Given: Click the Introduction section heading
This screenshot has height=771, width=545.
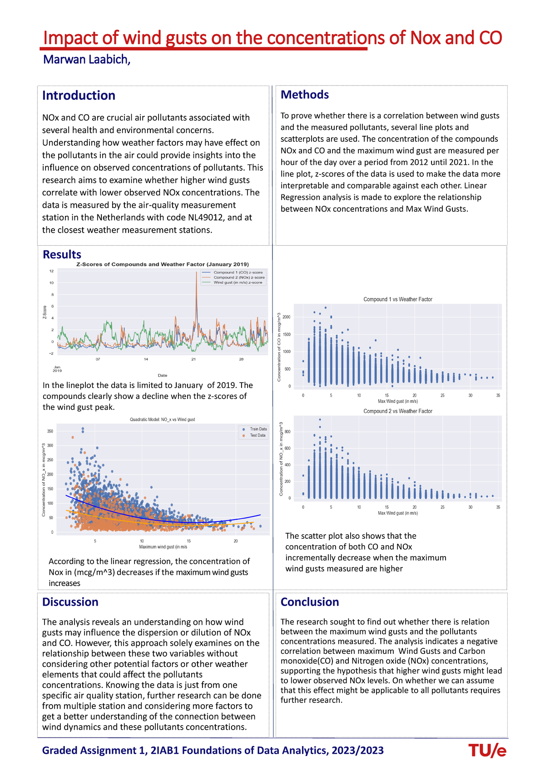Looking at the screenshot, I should [x=79, y=95].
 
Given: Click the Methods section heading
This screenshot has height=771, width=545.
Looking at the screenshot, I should [x=305, y=95].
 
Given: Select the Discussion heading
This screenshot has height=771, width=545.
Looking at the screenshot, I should [x=70, y=602].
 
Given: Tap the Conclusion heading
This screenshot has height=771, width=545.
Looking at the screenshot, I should [x=310, y=602].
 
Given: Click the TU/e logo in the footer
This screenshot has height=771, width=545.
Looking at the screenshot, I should [x=487, y=751].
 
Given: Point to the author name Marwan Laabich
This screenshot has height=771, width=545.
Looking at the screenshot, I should [x=86, y=60].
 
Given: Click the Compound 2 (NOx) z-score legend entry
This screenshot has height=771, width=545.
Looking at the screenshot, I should [x=239, y=277].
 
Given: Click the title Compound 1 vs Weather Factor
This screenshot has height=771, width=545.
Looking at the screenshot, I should [x=398, y=299].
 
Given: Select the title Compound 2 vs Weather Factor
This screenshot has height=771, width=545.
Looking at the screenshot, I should [x=398, y=411].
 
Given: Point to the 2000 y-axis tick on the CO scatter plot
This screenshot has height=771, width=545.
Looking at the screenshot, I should [x=286, y=317].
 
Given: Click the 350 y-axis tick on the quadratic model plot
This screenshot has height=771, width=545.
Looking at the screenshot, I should [x=50, y=431].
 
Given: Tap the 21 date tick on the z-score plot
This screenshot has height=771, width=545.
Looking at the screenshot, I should [x=193, y=359].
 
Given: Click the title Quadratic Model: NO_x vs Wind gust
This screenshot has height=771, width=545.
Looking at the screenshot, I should [x=162, y=419].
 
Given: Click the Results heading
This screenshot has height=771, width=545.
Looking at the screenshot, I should [x=62, y=255].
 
